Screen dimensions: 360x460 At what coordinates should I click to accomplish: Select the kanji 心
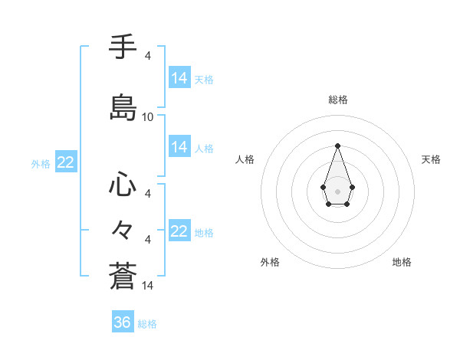pyautogui.click(x=123, y=186)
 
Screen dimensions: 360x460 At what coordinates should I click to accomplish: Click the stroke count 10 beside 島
pyautogui.click(x=148, y=117)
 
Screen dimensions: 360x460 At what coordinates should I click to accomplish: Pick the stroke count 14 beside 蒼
pyautogui.click(x=148, y=286)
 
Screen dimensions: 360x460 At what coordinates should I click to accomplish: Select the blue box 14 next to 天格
pyautogui.click(x=179, y=78)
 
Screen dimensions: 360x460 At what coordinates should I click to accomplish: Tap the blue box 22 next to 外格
pyautogui.click(x=65, y=162)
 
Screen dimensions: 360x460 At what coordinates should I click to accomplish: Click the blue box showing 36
pyautogui.click(x=123, y=322)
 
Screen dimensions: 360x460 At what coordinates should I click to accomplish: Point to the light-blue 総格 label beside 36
pyautogui.click(x=147, y=324)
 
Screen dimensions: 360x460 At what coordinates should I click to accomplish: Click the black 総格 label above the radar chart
pyautogui.click(x=338, y=100)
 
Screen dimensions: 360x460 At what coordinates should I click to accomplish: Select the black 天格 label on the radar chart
pyautogui.click(x=432, y=159)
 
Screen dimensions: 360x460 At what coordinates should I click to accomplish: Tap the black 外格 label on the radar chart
pyautogui.click(x=270, y=262)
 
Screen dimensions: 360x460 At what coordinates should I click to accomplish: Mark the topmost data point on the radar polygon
pyautogui.click(x=337, y=146)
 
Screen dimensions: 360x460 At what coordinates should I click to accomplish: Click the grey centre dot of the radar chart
pyautogui.click(x=337, y=190)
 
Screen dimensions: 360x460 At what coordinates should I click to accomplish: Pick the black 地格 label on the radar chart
pyautogui.click(x=402, y=262)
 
